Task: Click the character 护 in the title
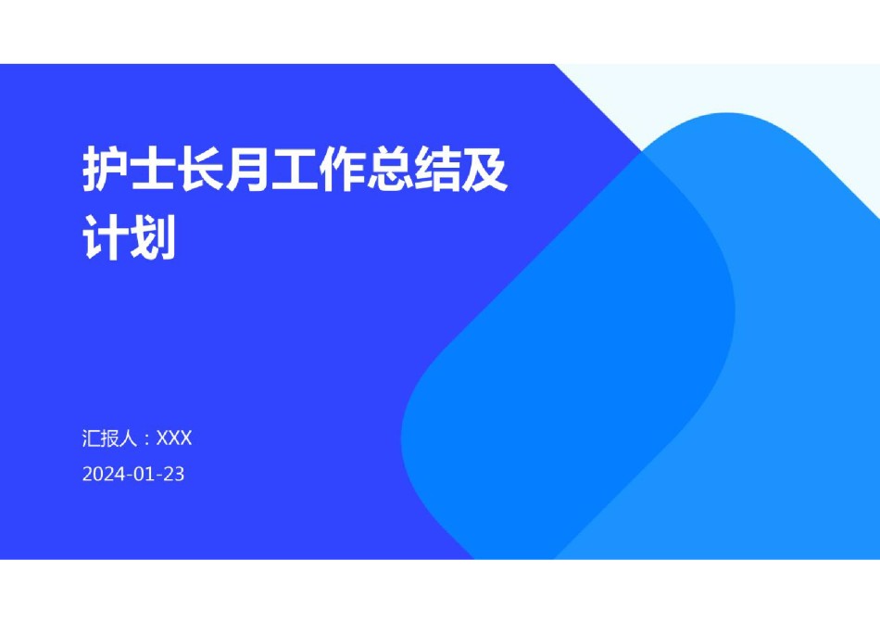coord(106,169)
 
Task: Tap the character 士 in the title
coord(153,169)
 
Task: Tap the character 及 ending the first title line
coord(484,169)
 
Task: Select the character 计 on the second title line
coord(106,237)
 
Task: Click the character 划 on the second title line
coord(153,237)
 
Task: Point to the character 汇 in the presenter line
coord(92,439)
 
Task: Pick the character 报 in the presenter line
coord(110,439)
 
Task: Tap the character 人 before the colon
coord(129,439)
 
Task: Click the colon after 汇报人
coord(147,439)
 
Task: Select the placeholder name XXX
coord(174,439)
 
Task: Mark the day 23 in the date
coord(174,474)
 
